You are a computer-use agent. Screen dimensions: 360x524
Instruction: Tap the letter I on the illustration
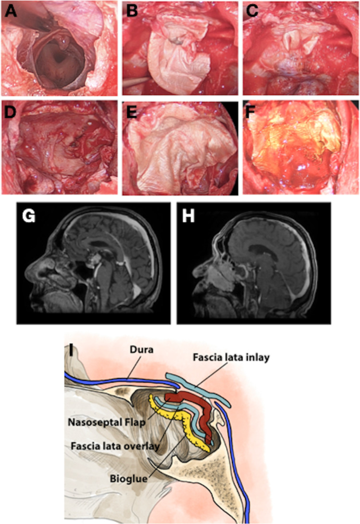[x=72, y=350]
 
